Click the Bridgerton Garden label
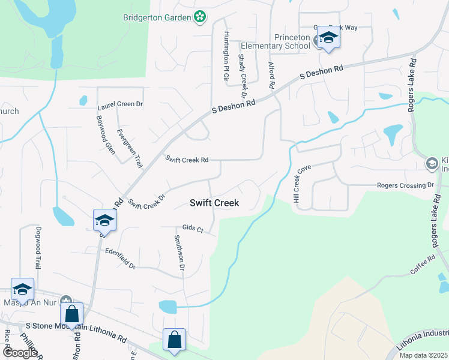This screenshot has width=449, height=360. click(156, 17)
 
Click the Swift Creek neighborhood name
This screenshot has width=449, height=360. click(214, 203)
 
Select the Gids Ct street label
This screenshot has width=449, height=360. click(193, 229)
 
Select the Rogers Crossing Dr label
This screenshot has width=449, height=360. click(405, 185)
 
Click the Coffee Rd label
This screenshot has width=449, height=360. click(422, 268)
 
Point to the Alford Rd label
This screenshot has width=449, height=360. click(271, 75)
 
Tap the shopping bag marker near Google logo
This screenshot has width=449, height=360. click(71, 314)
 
